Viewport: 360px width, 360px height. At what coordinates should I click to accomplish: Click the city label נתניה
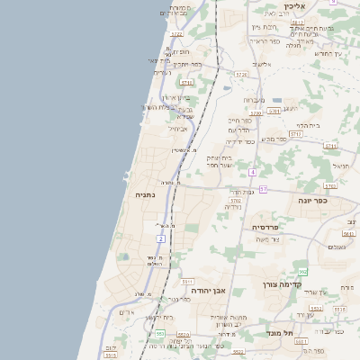[x=145, y=193]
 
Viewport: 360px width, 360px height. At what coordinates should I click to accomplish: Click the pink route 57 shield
[x=264, y=189]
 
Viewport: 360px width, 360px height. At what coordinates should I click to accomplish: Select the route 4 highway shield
[x=254, y=171]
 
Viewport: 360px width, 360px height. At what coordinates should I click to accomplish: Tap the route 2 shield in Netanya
[x=161, y=238]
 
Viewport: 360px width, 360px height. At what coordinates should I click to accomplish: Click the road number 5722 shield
[x=176, y=34]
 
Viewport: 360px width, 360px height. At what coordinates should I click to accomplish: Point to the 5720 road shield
[x=256, y=113]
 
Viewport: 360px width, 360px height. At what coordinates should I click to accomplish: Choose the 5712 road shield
[x=329, y=145]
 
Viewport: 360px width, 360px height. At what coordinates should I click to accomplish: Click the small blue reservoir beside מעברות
[x=276, y=101]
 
